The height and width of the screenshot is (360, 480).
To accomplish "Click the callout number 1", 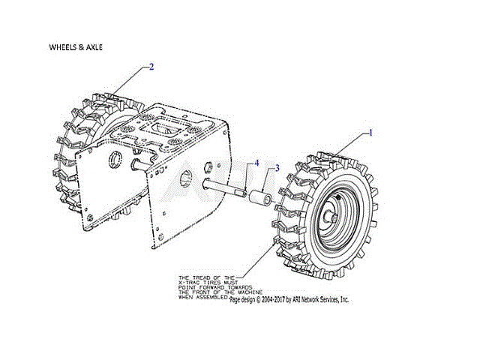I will point(370,132).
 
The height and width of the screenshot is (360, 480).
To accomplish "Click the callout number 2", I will point(151,67).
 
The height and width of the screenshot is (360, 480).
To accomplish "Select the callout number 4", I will point(256,163).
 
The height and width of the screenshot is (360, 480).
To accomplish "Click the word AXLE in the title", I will point(94,46).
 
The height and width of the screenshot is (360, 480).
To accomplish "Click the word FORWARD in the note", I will point(214,286).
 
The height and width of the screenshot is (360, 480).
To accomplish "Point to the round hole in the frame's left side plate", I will point(116,159).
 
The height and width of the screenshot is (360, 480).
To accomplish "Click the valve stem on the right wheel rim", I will point(338,196).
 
